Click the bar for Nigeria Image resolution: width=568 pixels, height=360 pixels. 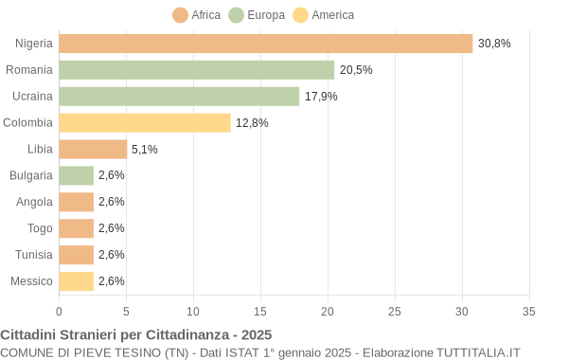[265, 44]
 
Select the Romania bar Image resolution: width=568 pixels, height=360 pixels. [196, 70]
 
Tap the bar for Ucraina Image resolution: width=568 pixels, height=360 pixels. [179, 97]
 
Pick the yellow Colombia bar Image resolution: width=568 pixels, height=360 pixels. [145, 123]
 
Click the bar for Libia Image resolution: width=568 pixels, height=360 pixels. [93, 150]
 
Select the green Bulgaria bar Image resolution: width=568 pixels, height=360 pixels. [76, 175]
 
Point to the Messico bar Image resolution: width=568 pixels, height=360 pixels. [76, 281]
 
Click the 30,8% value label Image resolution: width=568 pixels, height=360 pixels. [493, 44]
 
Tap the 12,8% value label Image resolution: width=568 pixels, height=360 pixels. [252, 123]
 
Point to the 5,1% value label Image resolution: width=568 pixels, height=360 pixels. [145, 150]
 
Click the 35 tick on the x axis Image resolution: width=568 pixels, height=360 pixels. [529, 311]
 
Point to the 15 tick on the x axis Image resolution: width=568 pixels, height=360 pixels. [260, 311]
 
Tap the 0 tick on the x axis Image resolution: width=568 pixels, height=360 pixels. [59, 311]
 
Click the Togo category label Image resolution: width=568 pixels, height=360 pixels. [40, 228]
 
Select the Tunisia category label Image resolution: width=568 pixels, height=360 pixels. [34, 255]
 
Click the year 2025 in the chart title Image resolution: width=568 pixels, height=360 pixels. [256, 334]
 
